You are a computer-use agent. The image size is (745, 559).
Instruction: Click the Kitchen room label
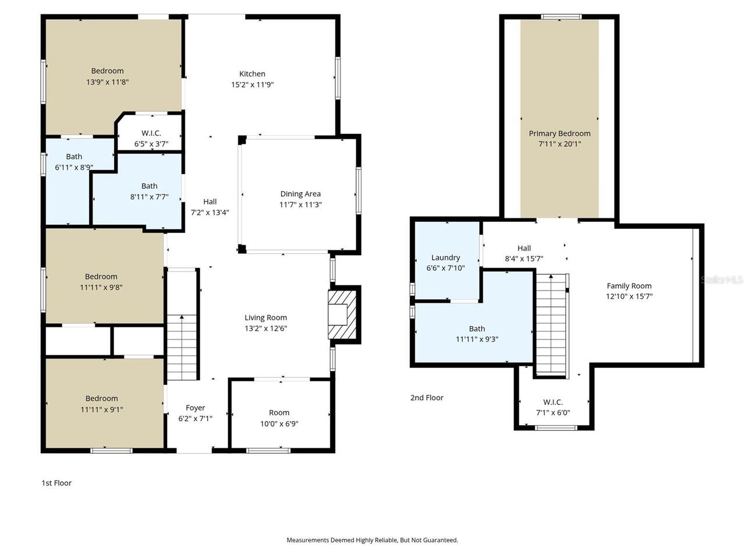252,74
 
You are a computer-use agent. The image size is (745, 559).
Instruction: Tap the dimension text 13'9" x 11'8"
107,82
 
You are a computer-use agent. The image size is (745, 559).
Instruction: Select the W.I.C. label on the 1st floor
151,133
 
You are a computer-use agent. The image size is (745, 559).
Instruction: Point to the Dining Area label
300,194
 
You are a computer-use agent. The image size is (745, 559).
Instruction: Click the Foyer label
195,408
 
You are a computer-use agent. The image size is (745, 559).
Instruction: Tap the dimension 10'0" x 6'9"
279,424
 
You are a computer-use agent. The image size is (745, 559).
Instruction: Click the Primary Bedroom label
559,133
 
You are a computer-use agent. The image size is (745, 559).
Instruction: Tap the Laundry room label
445,257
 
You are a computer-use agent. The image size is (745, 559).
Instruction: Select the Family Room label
629,286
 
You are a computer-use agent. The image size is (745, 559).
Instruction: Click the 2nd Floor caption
427,398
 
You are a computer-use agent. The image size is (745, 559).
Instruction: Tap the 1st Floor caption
56,483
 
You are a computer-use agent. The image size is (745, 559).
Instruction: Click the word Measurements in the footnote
307,540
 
